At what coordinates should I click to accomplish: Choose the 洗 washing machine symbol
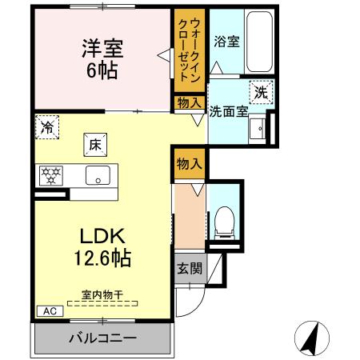point(261,93)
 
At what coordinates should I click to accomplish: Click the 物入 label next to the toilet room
point(189,165)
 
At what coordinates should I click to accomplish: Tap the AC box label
point(47,311)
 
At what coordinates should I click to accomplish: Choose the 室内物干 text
point(102,295)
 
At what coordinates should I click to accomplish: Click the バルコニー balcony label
point(102,338)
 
